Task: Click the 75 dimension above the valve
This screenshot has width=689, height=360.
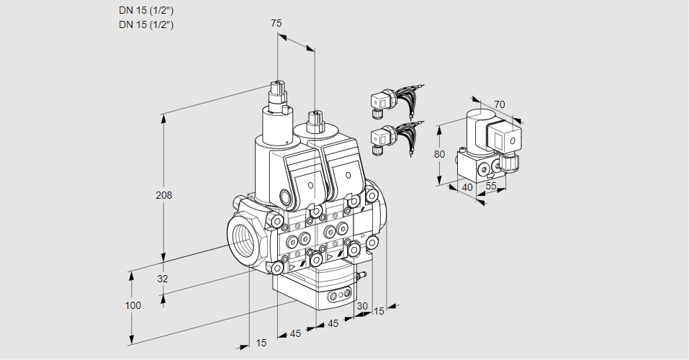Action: click(276, 23)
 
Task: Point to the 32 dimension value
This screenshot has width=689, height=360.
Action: click(162, 279)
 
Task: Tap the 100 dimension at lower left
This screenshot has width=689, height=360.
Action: click(132, 305)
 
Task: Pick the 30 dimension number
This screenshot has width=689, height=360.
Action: click(361, 306)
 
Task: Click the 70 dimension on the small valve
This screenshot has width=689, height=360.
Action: click(500, 104)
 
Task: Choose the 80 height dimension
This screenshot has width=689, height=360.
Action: click(439, 153)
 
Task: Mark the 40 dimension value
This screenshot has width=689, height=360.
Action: click(467, 187)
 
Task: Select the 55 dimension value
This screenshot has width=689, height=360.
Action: click(491, 187)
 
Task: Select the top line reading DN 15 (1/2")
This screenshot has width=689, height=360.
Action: click(146, 10)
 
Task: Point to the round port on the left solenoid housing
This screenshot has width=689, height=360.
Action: click(286, 197)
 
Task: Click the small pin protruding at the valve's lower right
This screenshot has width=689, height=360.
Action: click(364, 274)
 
